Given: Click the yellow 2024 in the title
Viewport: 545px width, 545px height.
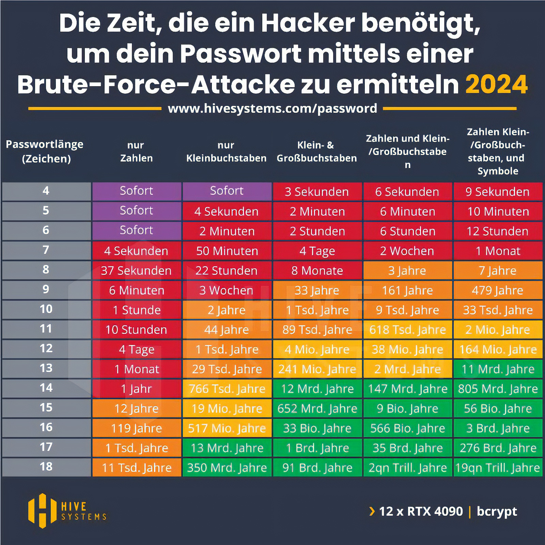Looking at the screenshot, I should [496, 84].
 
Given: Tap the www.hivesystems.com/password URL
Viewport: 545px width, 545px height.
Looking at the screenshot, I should [272, 108].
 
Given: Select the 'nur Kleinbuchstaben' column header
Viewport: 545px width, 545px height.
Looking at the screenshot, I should [226, 152].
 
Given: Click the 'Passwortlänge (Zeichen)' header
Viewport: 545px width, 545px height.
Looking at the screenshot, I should [45, 151].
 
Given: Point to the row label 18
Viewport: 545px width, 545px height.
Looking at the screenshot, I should [46, 467].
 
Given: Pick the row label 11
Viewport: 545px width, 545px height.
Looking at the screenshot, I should [46, 329].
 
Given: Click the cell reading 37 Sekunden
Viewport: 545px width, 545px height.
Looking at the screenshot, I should [136, 271].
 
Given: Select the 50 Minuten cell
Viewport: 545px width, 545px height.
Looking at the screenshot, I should [227, 251].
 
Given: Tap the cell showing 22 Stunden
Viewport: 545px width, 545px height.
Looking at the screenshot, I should [227, 271].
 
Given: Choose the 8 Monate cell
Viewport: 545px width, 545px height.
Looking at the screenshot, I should [317, 271].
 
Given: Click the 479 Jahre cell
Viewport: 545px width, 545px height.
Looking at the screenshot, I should [497, 291].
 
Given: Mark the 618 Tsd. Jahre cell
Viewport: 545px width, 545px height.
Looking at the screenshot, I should [408, 330].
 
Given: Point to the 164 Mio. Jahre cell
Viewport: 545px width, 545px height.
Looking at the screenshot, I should [498, 349].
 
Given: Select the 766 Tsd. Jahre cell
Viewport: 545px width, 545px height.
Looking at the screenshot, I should [227, 389].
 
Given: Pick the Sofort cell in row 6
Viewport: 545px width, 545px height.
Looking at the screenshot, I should [136, 230].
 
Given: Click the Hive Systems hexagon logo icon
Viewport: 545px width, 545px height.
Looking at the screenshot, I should [42, 511].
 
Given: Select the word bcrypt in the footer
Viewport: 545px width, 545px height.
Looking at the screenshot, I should [497, 511].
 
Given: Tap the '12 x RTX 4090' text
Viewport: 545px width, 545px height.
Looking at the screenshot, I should [421, 511].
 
